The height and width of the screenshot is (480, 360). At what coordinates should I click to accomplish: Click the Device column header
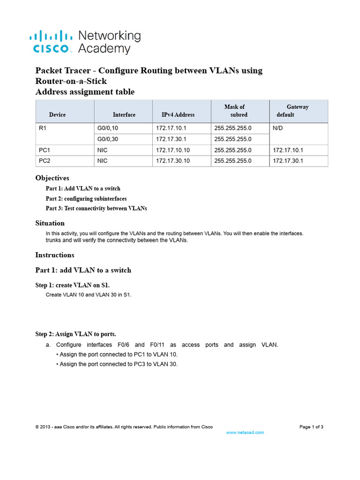pos(57,115)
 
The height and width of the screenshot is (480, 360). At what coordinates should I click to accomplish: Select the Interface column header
pos(124,115)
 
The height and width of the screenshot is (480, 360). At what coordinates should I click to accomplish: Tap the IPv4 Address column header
pos(178,115)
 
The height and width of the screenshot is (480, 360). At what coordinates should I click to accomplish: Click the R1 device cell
pos(42,127)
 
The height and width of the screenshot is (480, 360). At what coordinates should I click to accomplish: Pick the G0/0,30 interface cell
pos(109,139)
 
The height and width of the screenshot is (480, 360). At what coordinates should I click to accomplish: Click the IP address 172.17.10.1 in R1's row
pos(171,127)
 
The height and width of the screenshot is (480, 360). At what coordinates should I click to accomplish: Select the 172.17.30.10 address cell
pos(173,161)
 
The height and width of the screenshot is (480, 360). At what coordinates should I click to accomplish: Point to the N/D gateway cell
pos(278,127)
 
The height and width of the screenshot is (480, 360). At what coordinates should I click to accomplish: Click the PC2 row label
pos(45,161)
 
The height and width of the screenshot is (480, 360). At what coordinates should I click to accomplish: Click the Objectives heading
pos(52,178)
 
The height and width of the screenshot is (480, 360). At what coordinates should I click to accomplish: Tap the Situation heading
pos(50,223)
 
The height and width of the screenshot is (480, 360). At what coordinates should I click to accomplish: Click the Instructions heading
pos(55,255)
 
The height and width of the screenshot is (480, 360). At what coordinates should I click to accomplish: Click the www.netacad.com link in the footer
pos(245,433)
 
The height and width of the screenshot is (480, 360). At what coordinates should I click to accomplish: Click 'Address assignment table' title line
pos(85,92)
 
